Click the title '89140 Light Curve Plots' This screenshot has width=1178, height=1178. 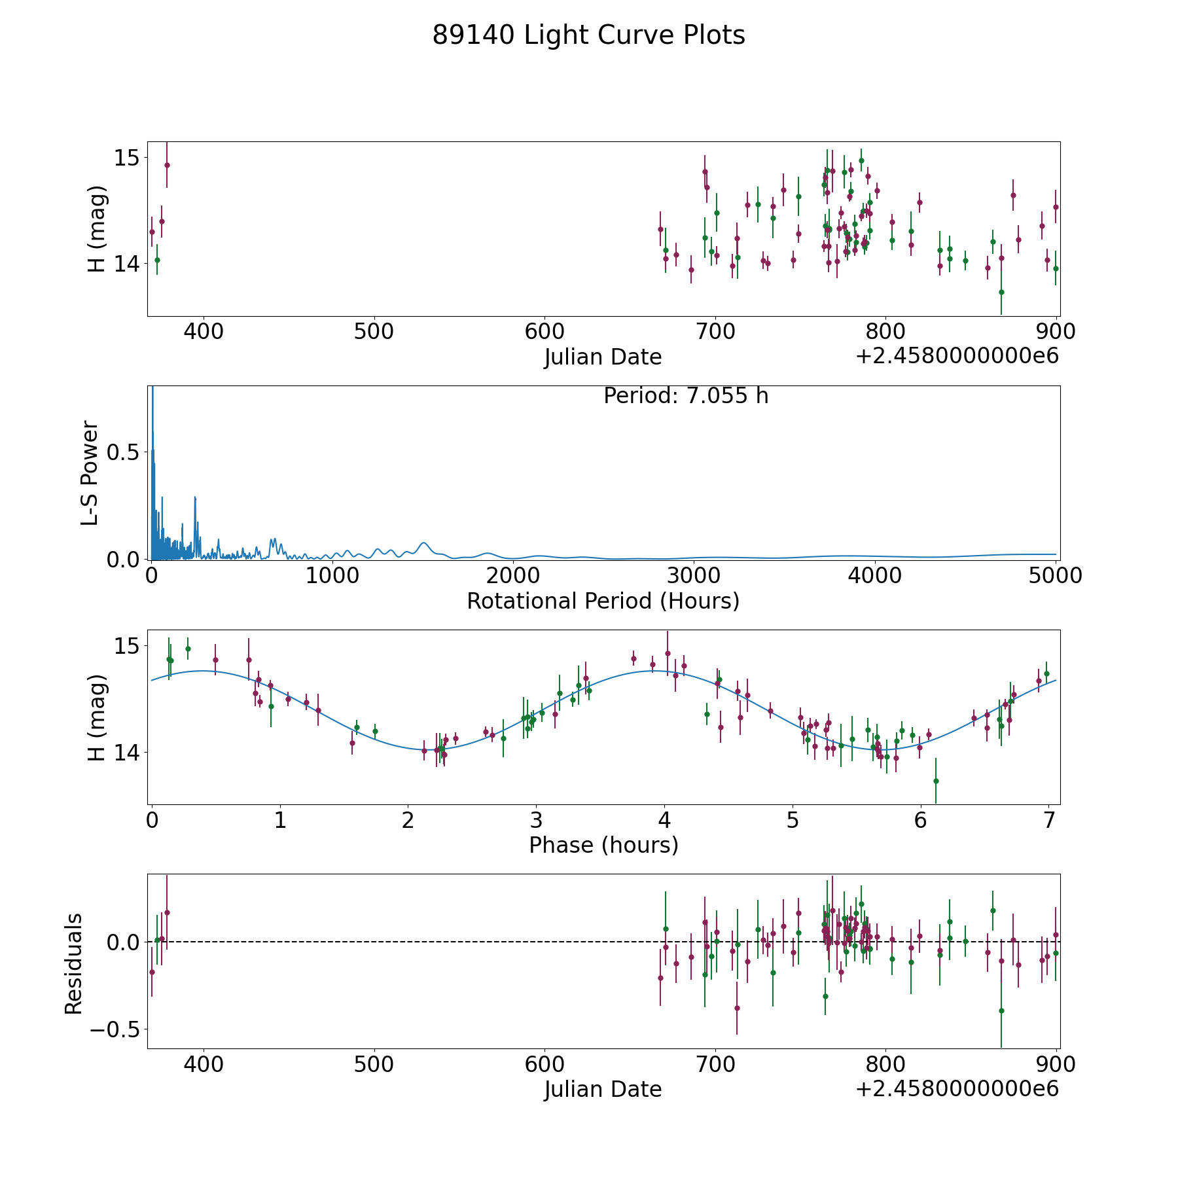pyautogui.click(x=588, y=35)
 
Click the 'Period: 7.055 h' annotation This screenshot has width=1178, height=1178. pyautogui.click(x=686, y=396)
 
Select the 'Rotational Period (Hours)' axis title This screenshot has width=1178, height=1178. pyautogui.click(x=603, y=601)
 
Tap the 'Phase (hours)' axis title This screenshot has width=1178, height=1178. pyautogui.click(x=603, y=845)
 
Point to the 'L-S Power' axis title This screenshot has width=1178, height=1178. pyautogui.click(x=90, y=473)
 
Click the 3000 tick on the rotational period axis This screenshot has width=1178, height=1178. pyautogui.click(x=694, y=575)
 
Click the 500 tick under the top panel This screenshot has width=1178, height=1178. pyautogui.click(x=374, y=331)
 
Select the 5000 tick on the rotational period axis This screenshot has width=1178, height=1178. pyautogui.click(x=1056, y=575)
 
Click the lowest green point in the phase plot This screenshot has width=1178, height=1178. pyautogui.click(x=936, y=781)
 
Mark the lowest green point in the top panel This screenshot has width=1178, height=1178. pyautogui.click(x=1001, y=292)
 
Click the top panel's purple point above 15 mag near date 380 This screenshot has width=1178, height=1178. pyautogui.click(x=167, y=165)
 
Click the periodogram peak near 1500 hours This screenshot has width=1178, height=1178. pyautogui.click(x=424, y=543)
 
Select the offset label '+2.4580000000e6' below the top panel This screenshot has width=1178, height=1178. pyautogui.click(x=957, y=356)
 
